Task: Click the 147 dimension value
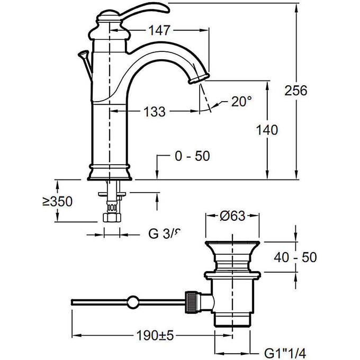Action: point(163,31)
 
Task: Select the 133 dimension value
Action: point(154,112)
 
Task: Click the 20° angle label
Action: point(242,102)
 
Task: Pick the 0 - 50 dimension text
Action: point(192,156)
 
